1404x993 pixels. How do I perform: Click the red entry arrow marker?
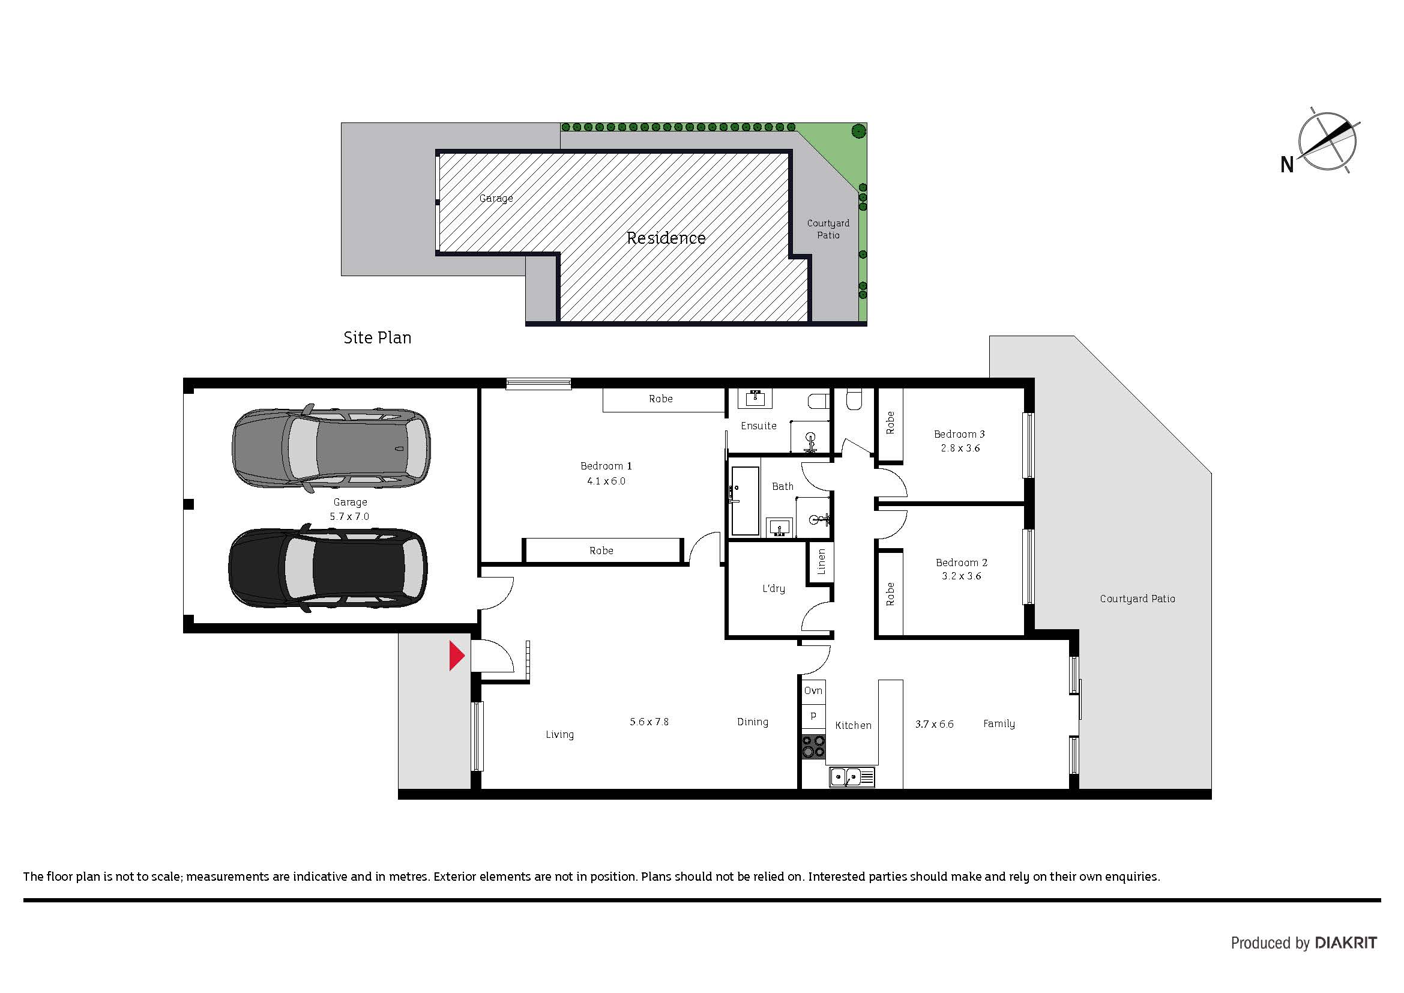pyautogui.click(x=457, y=656)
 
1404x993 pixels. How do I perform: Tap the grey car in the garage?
pyautogui.click(x=331, y=448)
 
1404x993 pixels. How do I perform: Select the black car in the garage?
pyautogui.click(x=328, y=567)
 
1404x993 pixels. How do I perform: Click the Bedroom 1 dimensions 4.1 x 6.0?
pyautogui.click(x=606, y=481)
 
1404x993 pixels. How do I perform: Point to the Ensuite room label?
pyautogui.click(x=758, y=426)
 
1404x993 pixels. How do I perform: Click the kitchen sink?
pyautogui.click(x=852, y=777)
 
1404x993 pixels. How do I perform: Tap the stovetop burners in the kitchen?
pyautogui.click(x=813, y=747)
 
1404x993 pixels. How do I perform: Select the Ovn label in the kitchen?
pyautogui.click(x=813, y=690)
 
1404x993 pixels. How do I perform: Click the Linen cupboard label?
pyautogui.click(x=821, y=561)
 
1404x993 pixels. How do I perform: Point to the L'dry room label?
pyautogui.click(x=774, y=588)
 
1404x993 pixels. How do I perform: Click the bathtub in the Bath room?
pyautogui.click(x=744, y=501)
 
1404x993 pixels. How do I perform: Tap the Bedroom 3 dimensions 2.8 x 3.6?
pyautogui.click(x=960, y=448)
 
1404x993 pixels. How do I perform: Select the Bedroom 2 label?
pyautogui.click(x=961, y=563)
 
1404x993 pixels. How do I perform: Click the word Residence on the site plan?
pyautogui.click(x=666, y=238)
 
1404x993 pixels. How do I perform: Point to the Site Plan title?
pyautogui.click(x=378, y=337)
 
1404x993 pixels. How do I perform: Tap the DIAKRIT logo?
pyautogui.click(x=1346, y=943)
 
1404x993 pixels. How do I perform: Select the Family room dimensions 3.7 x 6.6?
pyautogui.click(x=935, y=724)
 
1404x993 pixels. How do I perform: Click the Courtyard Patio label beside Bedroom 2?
pyautogui.click(x=1137, y=599)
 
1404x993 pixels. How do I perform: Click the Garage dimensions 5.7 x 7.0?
pyautogui.click(x=350, y=517)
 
